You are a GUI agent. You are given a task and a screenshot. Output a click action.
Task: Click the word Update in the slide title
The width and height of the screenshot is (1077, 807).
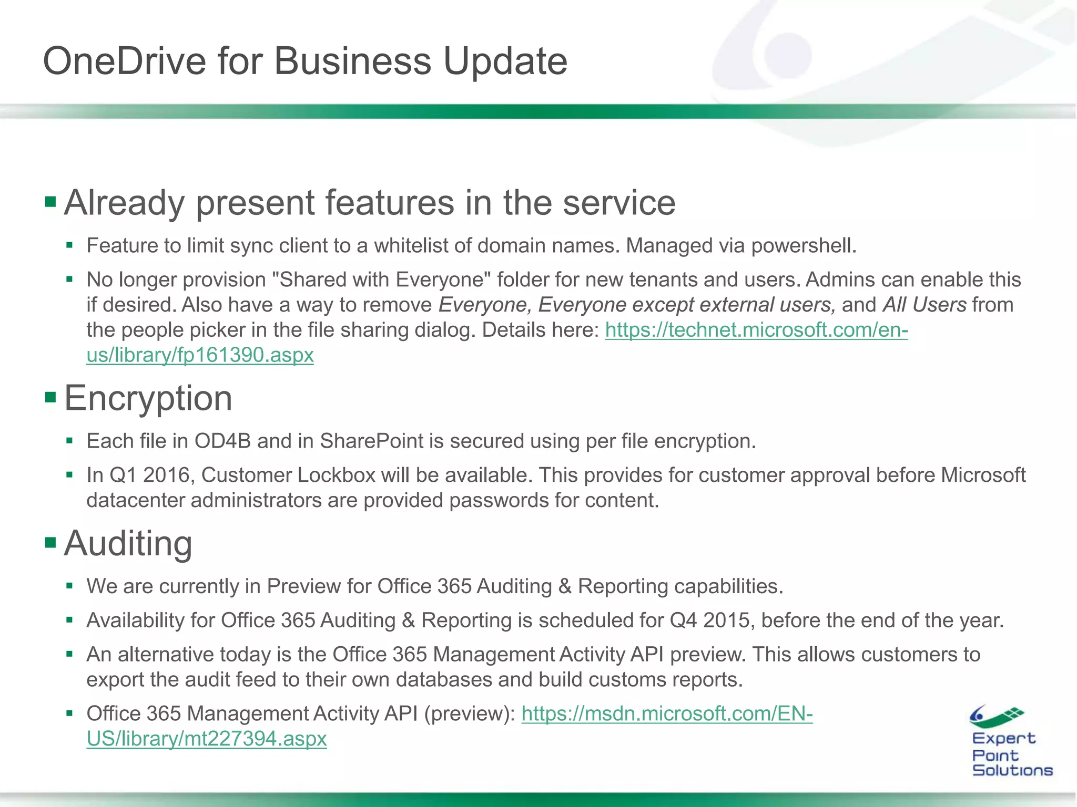pos(505,61)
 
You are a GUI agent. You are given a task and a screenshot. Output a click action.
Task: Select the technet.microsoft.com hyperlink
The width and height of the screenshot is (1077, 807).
pos(756,330)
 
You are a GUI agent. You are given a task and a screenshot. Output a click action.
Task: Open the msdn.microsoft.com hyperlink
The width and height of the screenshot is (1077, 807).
pos(667,713)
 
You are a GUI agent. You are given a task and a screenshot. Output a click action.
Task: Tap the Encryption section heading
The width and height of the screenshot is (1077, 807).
pos(148,398)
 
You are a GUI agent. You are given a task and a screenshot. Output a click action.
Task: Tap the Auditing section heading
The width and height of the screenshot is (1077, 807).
pos(128,543)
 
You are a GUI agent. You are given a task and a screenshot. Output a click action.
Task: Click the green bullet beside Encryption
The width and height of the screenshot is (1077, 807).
pos(50,397)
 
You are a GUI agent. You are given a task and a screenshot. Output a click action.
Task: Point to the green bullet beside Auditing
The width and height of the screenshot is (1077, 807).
pos(50,542)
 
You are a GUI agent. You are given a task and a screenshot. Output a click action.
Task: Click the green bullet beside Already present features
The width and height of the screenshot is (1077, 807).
pos(50,201)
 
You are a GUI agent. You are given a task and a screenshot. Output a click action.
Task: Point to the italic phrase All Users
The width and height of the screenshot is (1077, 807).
pos(924,305)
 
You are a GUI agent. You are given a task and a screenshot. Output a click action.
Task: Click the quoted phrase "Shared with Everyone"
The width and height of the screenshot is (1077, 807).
pos(381,280)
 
